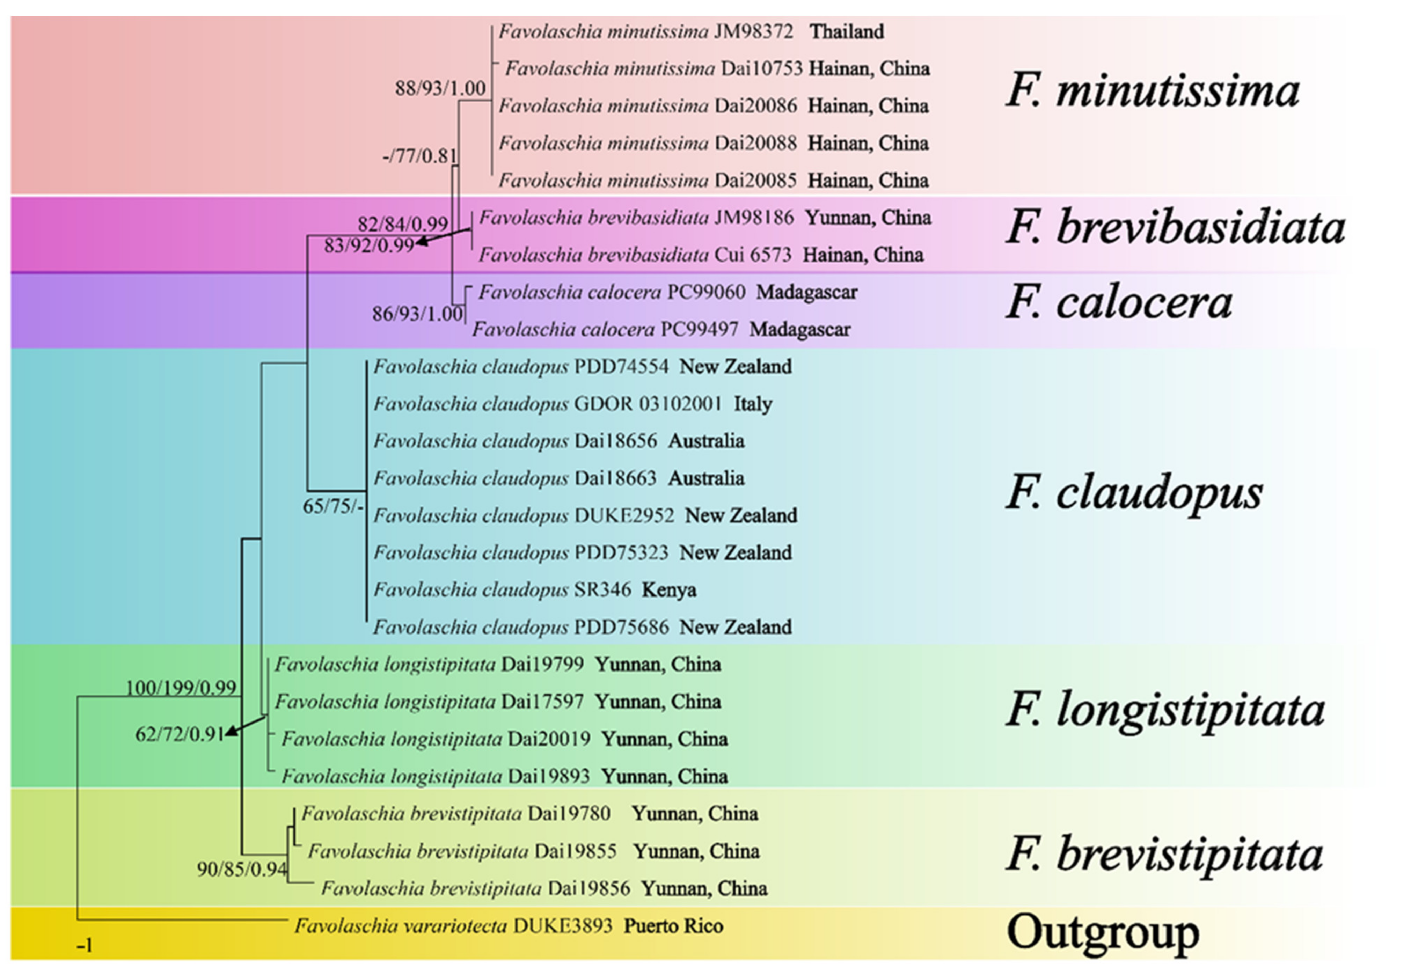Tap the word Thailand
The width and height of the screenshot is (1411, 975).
(847, 31)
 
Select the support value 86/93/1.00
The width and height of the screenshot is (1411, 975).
(417, 314)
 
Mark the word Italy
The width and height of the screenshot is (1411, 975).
(753, 404)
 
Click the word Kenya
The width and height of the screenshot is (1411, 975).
(669, 590)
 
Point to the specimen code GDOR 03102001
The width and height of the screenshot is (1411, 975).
(648, 404)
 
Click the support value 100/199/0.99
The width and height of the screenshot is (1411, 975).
(181, 688)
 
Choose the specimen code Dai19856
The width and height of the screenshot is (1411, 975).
(588, 888)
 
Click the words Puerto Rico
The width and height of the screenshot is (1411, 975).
(673, 926)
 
